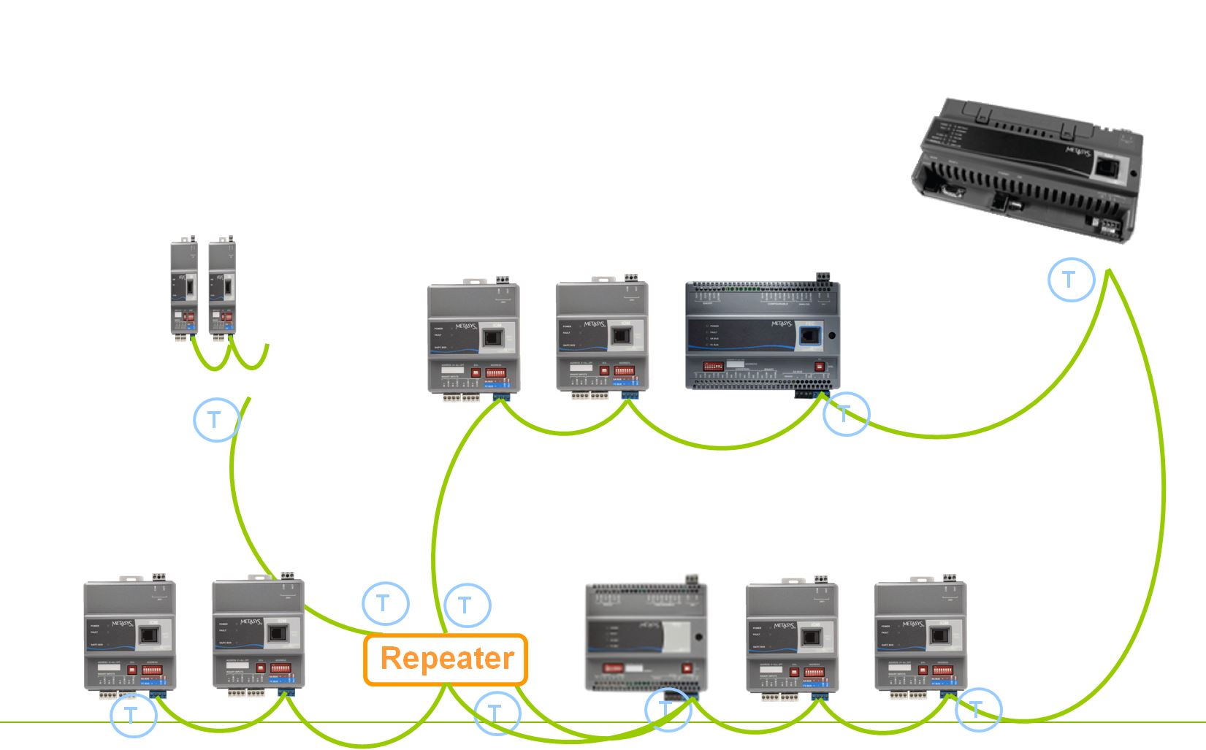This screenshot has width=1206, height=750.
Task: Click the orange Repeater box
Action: click(x=446, y=659)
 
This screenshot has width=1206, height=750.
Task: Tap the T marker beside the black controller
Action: click(x=1071, y=279)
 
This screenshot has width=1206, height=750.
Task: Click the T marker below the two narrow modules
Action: click(x=216, y=419)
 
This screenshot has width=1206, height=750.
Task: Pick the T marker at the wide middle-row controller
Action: click(x=846, y=414)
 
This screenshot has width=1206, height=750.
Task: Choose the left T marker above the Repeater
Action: click(x=385, y=603)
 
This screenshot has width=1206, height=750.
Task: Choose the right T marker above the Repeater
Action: click(x=467, y=605)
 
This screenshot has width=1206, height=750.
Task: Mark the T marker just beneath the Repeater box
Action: click(x=497, y=713)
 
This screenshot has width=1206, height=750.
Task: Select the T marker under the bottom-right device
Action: click(x=977, y=709)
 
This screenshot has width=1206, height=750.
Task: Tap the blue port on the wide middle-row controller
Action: click(x=810, y=337)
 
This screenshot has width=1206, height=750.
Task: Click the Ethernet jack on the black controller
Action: click(x=1105, y=169)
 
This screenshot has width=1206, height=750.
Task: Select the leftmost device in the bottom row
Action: click(x=130, y=636)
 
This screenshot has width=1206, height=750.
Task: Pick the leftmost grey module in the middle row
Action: click(x=473, y=338)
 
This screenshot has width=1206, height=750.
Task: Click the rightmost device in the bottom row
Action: click(x=921, y=638)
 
